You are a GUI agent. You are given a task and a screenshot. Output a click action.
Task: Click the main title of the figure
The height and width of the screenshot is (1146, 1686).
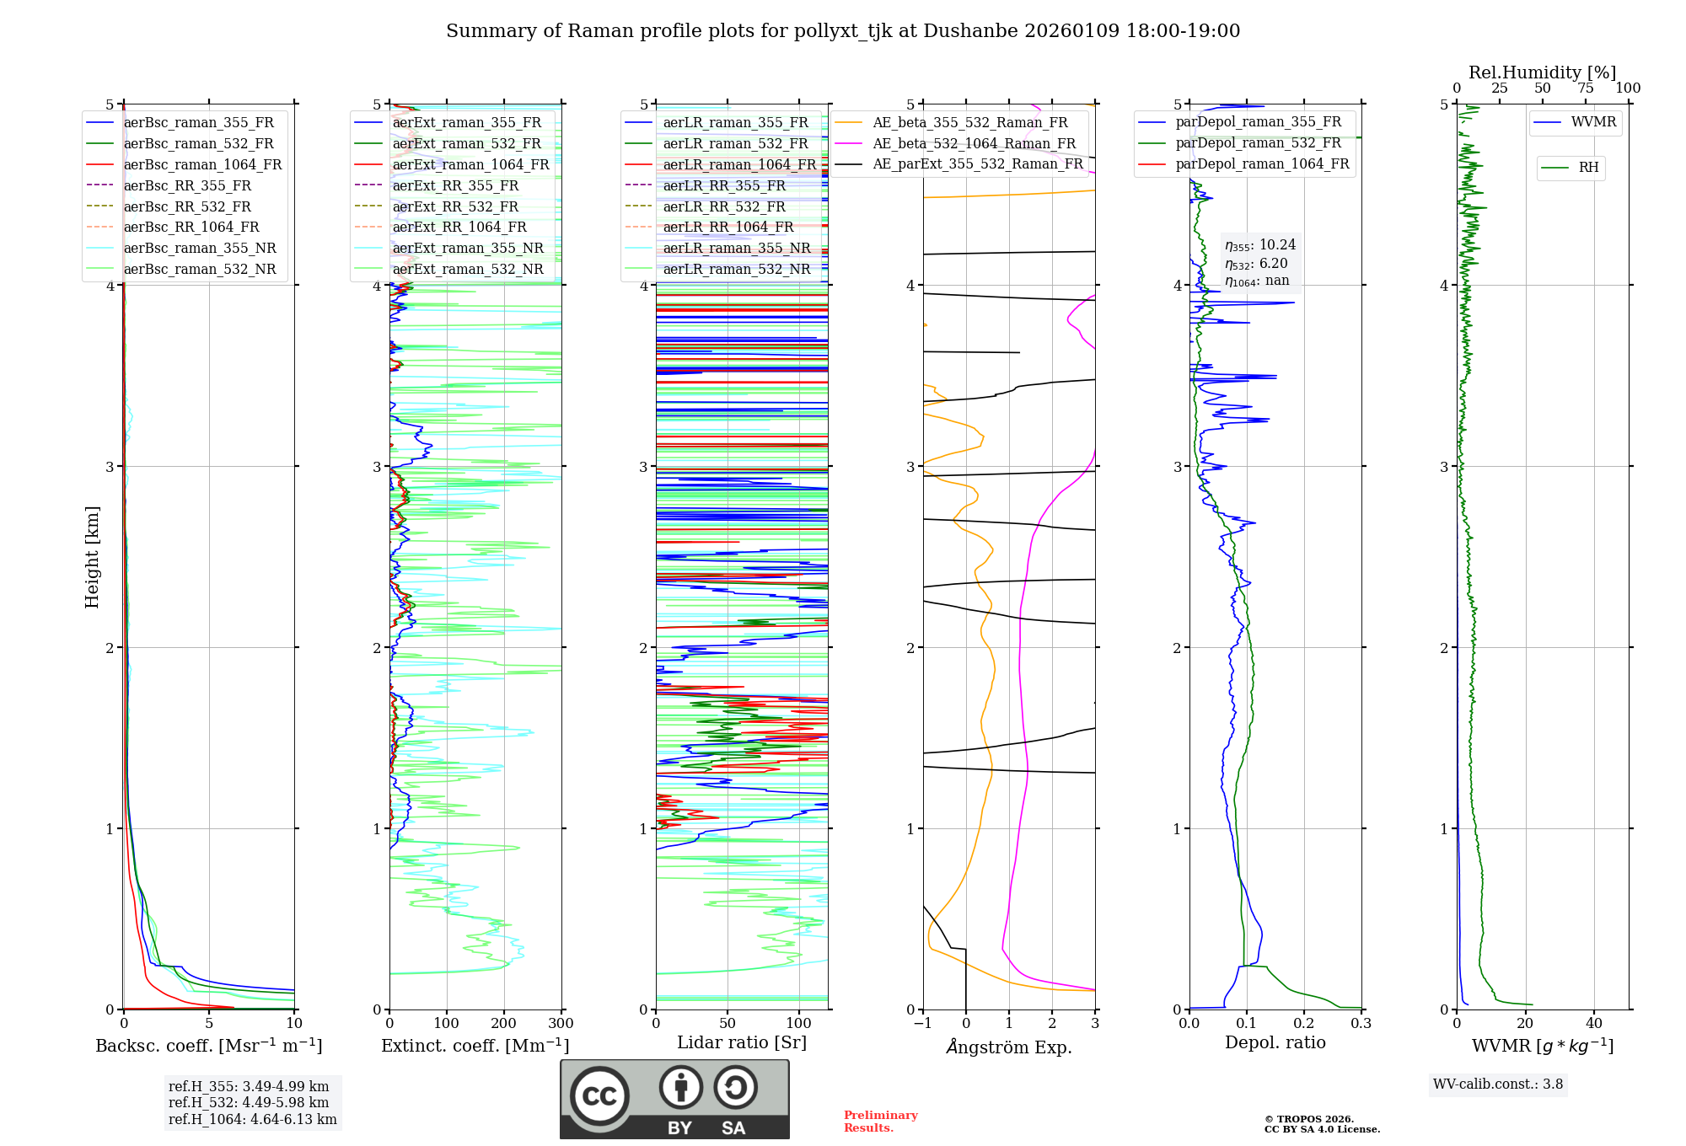click(x=843, y=31)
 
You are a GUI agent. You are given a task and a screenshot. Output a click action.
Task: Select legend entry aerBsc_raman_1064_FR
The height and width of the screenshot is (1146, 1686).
click(x=202, y=164)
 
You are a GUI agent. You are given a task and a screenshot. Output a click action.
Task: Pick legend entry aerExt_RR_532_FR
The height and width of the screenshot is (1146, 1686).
click(x=455, y=206)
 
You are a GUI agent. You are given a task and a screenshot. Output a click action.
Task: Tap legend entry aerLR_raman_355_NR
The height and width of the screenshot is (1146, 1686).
click(x=736, y=248)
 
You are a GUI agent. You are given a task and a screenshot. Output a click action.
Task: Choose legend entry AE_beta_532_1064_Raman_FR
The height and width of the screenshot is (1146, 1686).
click(x=974, y=143)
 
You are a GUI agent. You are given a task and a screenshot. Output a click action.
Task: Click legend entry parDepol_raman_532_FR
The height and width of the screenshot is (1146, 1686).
click(x=1258, y=143)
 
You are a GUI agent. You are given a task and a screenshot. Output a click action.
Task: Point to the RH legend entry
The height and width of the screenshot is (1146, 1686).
click(x=1588, y=168)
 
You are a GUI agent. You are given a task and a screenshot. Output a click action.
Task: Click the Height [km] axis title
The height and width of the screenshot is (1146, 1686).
click(x=92, y=556)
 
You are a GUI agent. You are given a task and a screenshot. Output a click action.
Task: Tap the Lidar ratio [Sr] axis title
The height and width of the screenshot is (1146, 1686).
click(x=742, y=1042)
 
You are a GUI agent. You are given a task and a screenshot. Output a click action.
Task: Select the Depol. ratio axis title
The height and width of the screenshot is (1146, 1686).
click(x=1275, y=1042)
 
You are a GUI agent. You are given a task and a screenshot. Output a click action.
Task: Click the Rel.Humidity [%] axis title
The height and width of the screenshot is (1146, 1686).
click(x=1542, y=72)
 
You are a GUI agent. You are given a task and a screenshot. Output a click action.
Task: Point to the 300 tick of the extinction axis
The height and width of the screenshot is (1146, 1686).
click(x=561, y=1024)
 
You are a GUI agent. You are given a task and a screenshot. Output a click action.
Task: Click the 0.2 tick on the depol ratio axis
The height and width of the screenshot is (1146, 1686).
click(x=1304, y=1024)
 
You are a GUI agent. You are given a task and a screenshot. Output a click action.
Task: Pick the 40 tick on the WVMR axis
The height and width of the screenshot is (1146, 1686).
click(x=1593, y=1024)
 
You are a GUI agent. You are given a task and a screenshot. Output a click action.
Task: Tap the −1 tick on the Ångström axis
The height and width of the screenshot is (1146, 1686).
click(x=922, y=1024)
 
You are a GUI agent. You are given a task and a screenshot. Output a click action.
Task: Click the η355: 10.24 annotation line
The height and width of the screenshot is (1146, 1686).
click(x=1260, y=245)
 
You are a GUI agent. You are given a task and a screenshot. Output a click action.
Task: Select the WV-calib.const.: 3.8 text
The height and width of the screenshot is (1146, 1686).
click(x=1498, y=1084)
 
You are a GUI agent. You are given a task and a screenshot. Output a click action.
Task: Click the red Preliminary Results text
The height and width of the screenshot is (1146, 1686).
click(x=880, y=1122)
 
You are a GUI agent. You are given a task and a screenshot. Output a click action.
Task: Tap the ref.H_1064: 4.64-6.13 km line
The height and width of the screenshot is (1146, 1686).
click(x=252, y=1120)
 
